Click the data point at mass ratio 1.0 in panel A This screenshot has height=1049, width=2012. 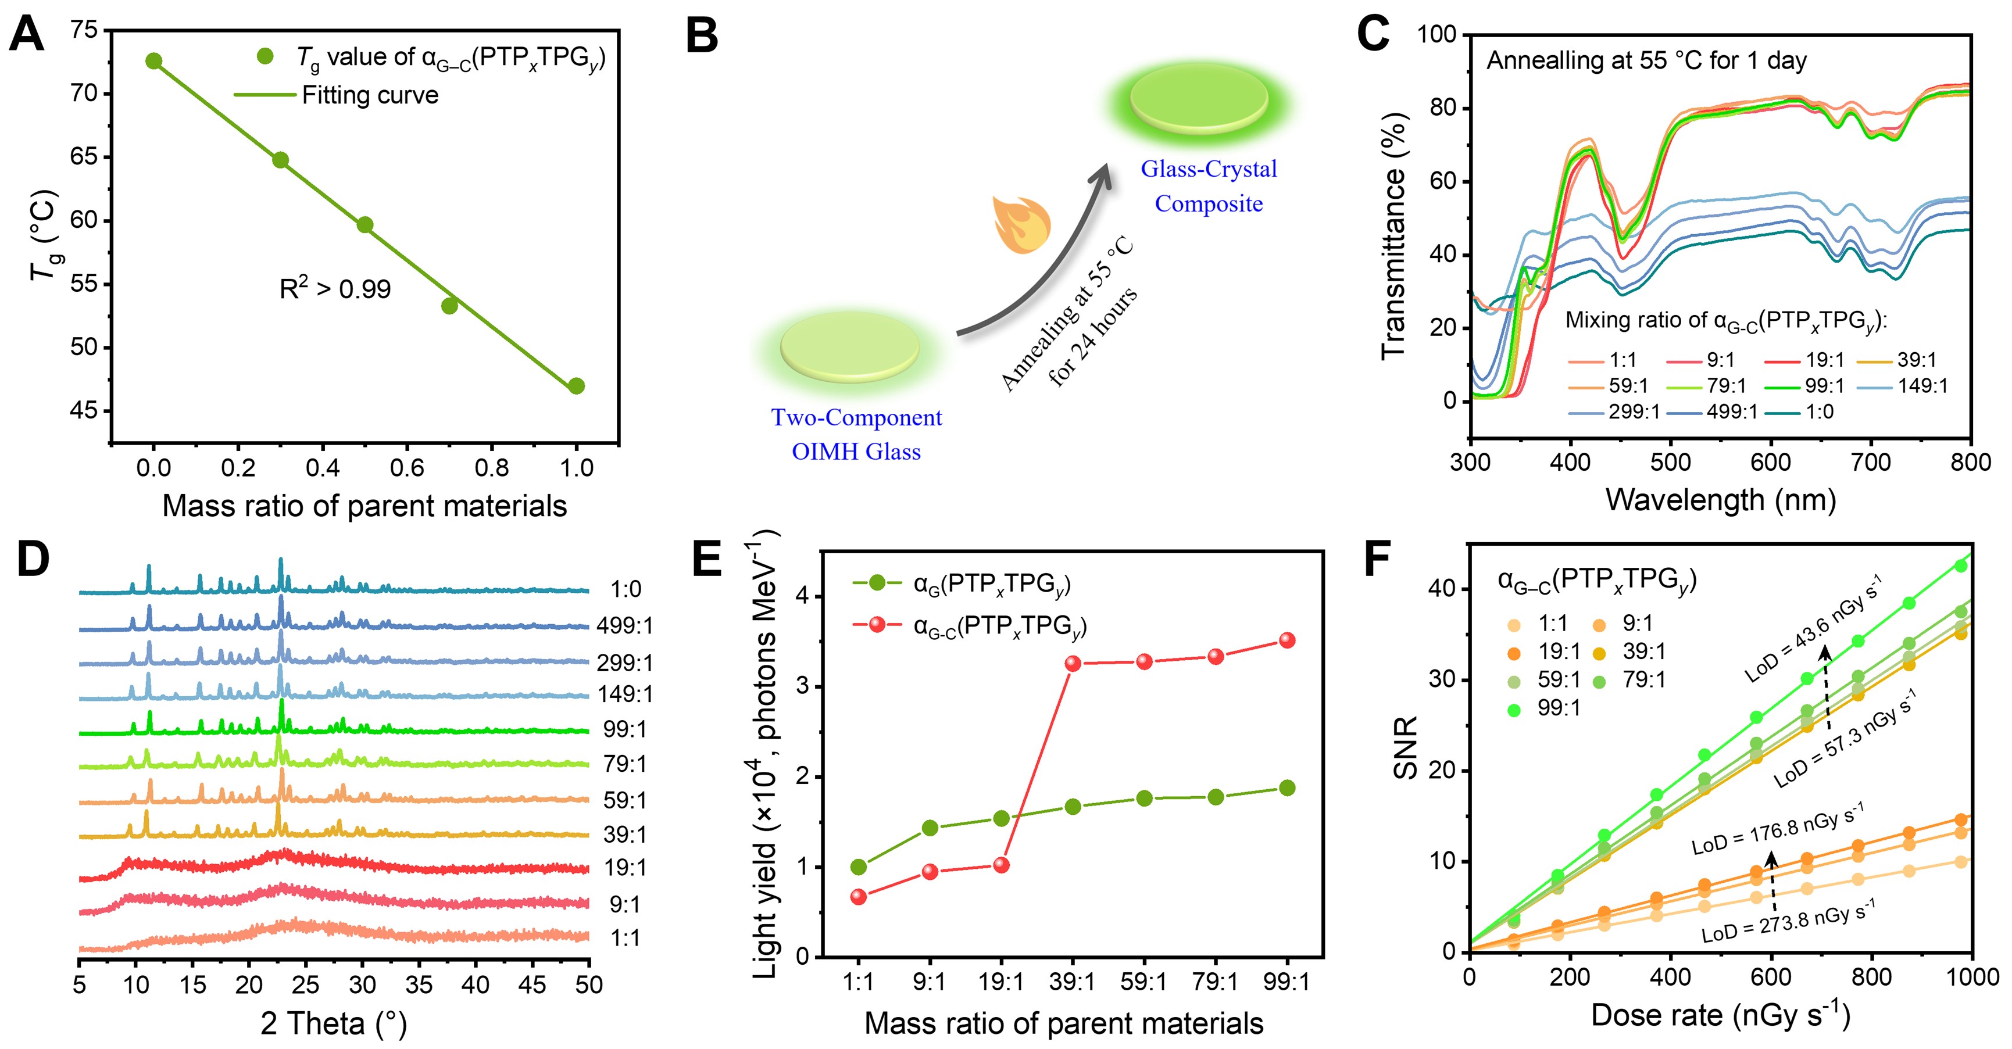(577, 386)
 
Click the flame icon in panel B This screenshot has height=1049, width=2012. (1020, 225)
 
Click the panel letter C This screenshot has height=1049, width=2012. (1373, 34)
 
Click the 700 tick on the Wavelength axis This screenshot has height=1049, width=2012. (1871, 463)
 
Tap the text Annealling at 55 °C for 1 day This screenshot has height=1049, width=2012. (1646, 61)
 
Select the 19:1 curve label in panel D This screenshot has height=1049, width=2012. (625, 868)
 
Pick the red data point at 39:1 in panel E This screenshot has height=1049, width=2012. (1073, 664)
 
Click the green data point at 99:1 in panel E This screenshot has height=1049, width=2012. (1287, 788)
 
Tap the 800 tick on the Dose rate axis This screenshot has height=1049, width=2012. (1871, 977)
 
